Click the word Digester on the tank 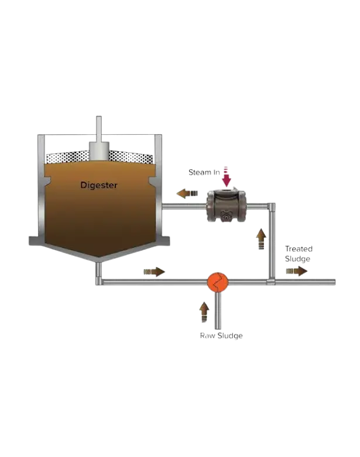98,185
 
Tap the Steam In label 203,172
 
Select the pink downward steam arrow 227,178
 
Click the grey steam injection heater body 226,206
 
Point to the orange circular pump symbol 217,281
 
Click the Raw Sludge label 221,336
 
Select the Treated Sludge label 298,254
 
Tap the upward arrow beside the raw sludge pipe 203,311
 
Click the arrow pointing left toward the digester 188,193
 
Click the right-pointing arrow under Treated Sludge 297,271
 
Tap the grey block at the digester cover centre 98,151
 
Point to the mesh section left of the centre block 66,156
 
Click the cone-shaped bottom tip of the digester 98,258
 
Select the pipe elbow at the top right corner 271,206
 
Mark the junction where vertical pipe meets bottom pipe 271,282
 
